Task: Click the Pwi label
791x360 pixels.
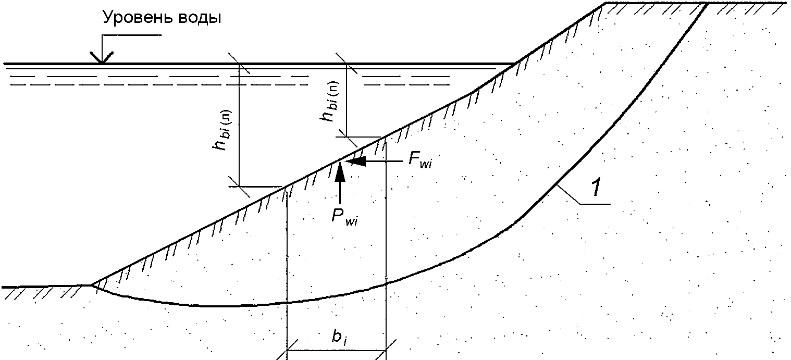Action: pyautogui.click(x=344, y=216)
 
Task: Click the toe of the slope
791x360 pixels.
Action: pyautogui.click(x=92, y=284)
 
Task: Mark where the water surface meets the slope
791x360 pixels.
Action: pyautogui.click(x=516, y=64)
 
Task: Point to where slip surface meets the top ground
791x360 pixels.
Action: pyautogui.click(x=707, y=4)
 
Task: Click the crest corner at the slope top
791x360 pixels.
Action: pyautogui.click(x=606, y=4)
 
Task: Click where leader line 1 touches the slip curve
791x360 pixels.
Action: pyautogui.click(x=557, y=185)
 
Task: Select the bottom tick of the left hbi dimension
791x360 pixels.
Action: pyautogui.click(x=239, y=186)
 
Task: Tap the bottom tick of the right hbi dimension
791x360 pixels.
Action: pyautogui.click(x=347, y=136)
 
